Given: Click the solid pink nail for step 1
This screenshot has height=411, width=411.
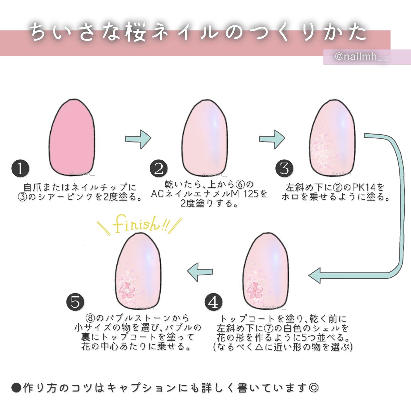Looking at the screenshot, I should pyautogui.click(x=72, y=137).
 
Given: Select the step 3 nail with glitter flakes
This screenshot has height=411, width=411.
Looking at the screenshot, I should pyautogui.click(x=333, y=137).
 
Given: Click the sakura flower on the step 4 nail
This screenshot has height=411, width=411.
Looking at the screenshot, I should pyautogui.click(x=254, y=290).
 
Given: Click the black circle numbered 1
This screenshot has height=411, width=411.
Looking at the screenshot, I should pyautogui.click(x=21, y=169).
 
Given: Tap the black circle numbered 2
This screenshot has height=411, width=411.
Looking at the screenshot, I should pyautogui.click(x=159, y=169).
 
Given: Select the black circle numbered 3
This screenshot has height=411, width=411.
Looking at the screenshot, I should pyautogui.click(x=285, y=169).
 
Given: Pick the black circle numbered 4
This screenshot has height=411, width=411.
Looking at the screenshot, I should pyautogui.click(x=213, y=302).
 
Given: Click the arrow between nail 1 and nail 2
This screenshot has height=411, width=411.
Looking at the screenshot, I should pyautogui.click(x=138, y=139).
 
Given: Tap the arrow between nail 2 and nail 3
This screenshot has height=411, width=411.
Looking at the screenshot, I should pyautogui.click(x=272, y=139).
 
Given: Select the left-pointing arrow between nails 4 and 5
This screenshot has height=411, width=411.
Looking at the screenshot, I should pyautogui.click(x=200, y=272).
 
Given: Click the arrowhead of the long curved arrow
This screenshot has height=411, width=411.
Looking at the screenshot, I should pyautogui.click(x=315, y=275).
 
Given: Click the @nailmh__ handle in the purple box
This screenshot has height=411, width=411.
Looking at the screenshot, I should pyautogui.click(x=361, y=57).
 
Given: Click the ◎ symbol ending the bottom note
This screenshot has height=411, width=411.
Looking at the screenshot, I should pyautogui.click(x=313, y=388).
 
